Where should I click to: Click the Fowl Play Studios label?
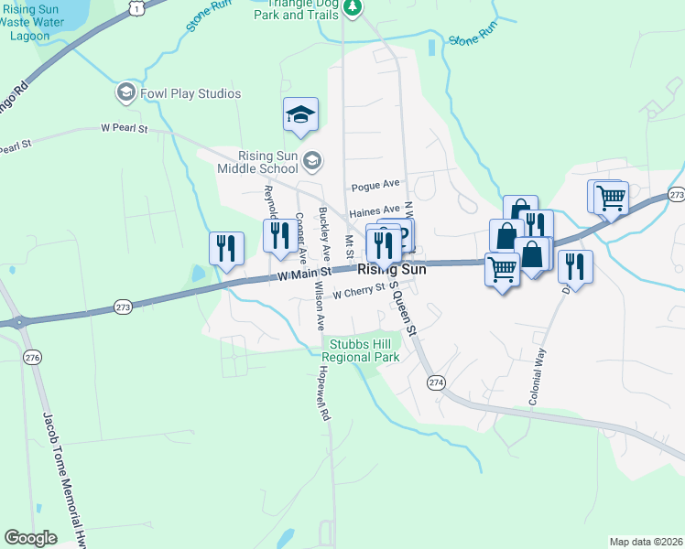[190, 93]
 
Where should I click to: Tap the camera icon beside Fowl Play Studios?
[125, 92]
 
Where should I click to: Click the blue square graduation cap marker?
[300, 115]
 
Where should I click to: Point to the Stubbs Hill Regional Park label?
[362, 350]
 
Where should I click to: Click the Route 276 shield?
[32, 356]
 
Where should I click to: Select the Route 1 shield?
[136, 7]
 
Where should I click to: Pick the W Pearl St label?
[124, 129]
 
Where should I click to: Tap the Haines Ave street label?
[375, 210]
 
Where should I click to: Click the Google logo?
[30, 538]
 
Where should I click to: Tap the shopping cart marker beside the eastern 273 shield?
[610, 196]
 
